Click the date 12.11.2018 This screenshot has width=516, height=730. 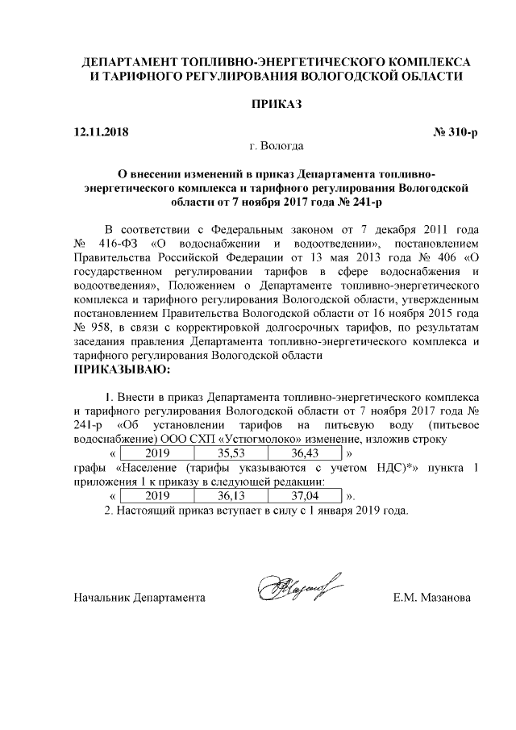click(100, 131)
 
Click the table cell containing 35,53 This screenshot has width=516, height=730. click(231, 453)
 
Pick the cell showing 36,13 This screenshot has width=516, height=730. click(231, 495)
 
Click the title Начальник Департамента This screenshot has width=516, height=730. click(139, 598)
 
